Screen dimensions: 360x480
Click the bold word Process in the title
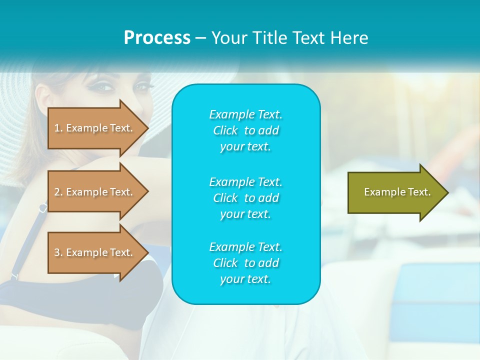tap(157, 38)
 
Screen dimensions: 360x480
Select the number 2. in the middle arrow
tap(58, 192)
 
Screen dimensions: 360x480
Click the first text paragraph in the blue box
tap(245, 130)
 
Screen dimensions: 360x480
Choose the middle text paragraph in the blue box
tap(245, 198)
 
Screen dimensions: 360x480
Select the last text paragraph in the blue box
tap(245, 263)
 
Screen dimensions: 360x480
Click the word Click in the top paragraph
tap(225, 130)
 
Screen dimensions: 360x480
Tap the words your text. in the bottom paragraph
tap(245, 279)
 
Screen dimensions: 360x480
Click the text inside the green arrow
tap(397, 192)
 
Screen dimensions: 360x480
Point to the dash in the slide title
tap(200, 38)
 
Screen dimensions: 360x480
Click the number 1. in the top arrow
tap(58, 128)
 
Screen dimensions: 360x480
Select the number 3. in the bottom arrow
tap(58, 252)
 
